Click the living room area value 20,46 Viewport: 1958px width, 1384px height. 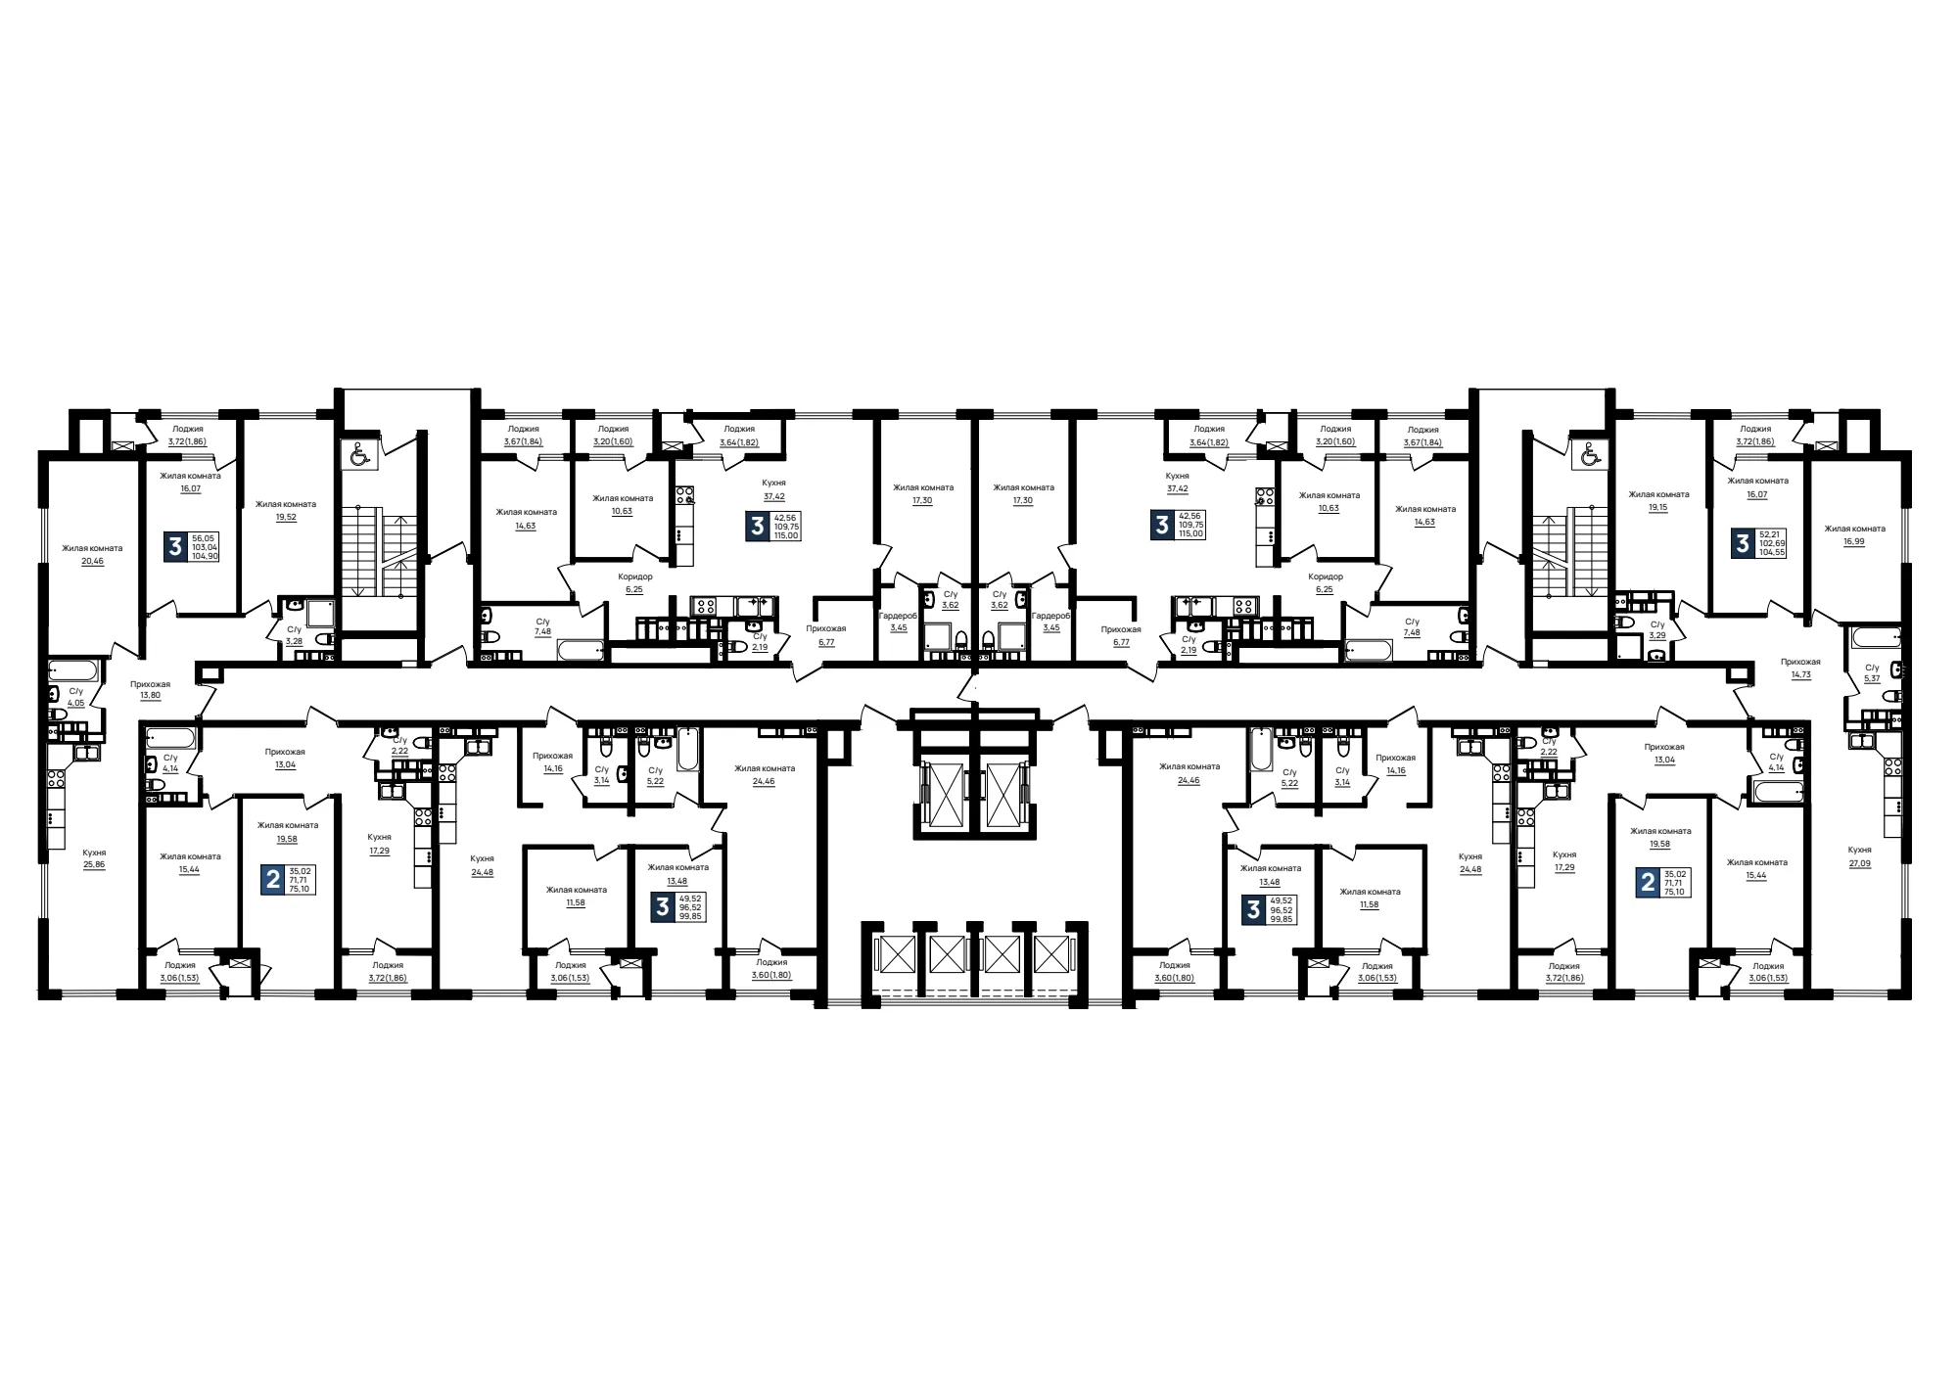click(x=92, y=562)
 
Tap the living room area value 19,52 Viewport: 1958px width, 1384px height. click(x=286, y=518)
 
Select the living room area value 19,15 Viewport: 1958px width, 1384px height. click(x=1657, y=508)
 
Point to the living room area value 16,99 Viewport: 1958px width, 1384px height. click(x=1853, y=541)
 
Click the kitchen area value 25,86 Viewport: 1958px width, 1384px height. click(x=94, y=865)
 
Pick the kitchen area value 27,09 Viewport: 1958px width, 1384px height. click(x=1859, y=863)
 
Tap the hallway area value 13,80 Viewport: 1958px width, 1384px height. click(x=150, y=695)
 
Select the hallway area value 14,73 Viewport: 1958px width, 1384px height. click(x=1800, y=674)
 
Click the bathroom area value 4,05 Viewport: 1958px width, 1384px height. click(x=76, y=703)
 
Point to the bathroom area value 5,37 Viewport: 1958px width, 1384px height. click(x=1872, y=678)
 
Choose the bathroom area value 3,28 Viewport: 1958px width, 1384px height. click(x=294, y=641)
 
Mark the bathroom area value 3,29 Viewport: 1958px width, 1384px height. click(x=1656, y=635)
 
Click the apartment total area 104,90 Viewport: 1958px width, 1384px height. click(x=205, y=555)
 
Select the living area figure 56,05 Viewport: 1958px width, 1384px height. click(x=203, y=537)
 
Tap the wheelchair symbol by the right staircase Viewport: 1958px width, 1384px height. click(x=1589, y=454)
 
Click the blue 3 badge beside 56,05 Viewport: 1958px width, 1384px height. click(x=175, y=546)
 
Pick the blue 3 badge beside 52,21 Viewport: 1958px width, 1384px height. click(x=1743, y=543)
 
